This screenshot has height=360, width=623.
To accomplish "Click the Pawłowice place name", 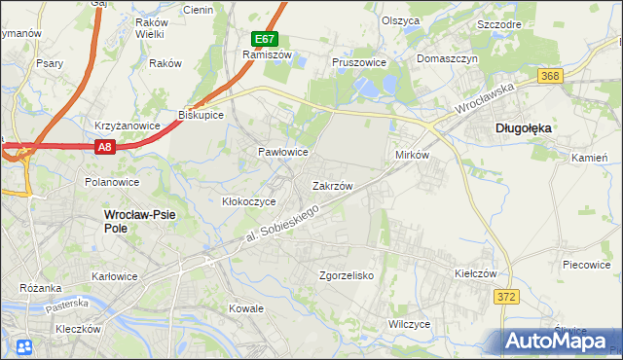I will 282,153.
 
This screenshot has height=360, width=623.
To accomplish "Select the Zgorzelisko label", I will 348,275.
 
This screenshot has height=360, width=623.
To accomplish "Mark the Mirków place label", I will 412,155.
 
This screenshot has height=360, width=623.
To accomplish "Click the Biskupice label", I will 202,115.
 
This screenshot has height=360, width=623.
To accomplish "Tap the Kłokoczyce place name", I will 249,201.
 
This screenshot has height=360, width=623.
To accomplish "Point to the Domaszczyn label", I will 449,58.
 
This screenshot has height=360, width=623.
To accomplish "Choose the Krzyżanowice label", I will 127,126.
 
